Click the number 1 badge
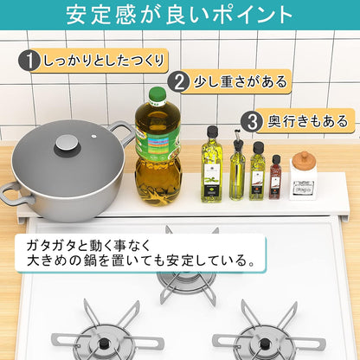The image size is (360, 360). click(30, 61)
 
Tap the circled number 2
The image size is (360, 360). click(179, 82)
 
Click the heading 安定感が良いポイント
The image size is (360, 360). click(179, 16)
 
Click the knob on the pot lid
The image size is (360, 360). click(67, 145)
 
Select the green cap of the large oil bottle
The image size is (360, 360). click(157, 93)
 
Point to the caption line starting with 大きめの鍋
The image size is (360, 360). click(138, 260)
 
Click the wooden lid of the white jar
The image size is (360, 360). click(303, 159)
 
